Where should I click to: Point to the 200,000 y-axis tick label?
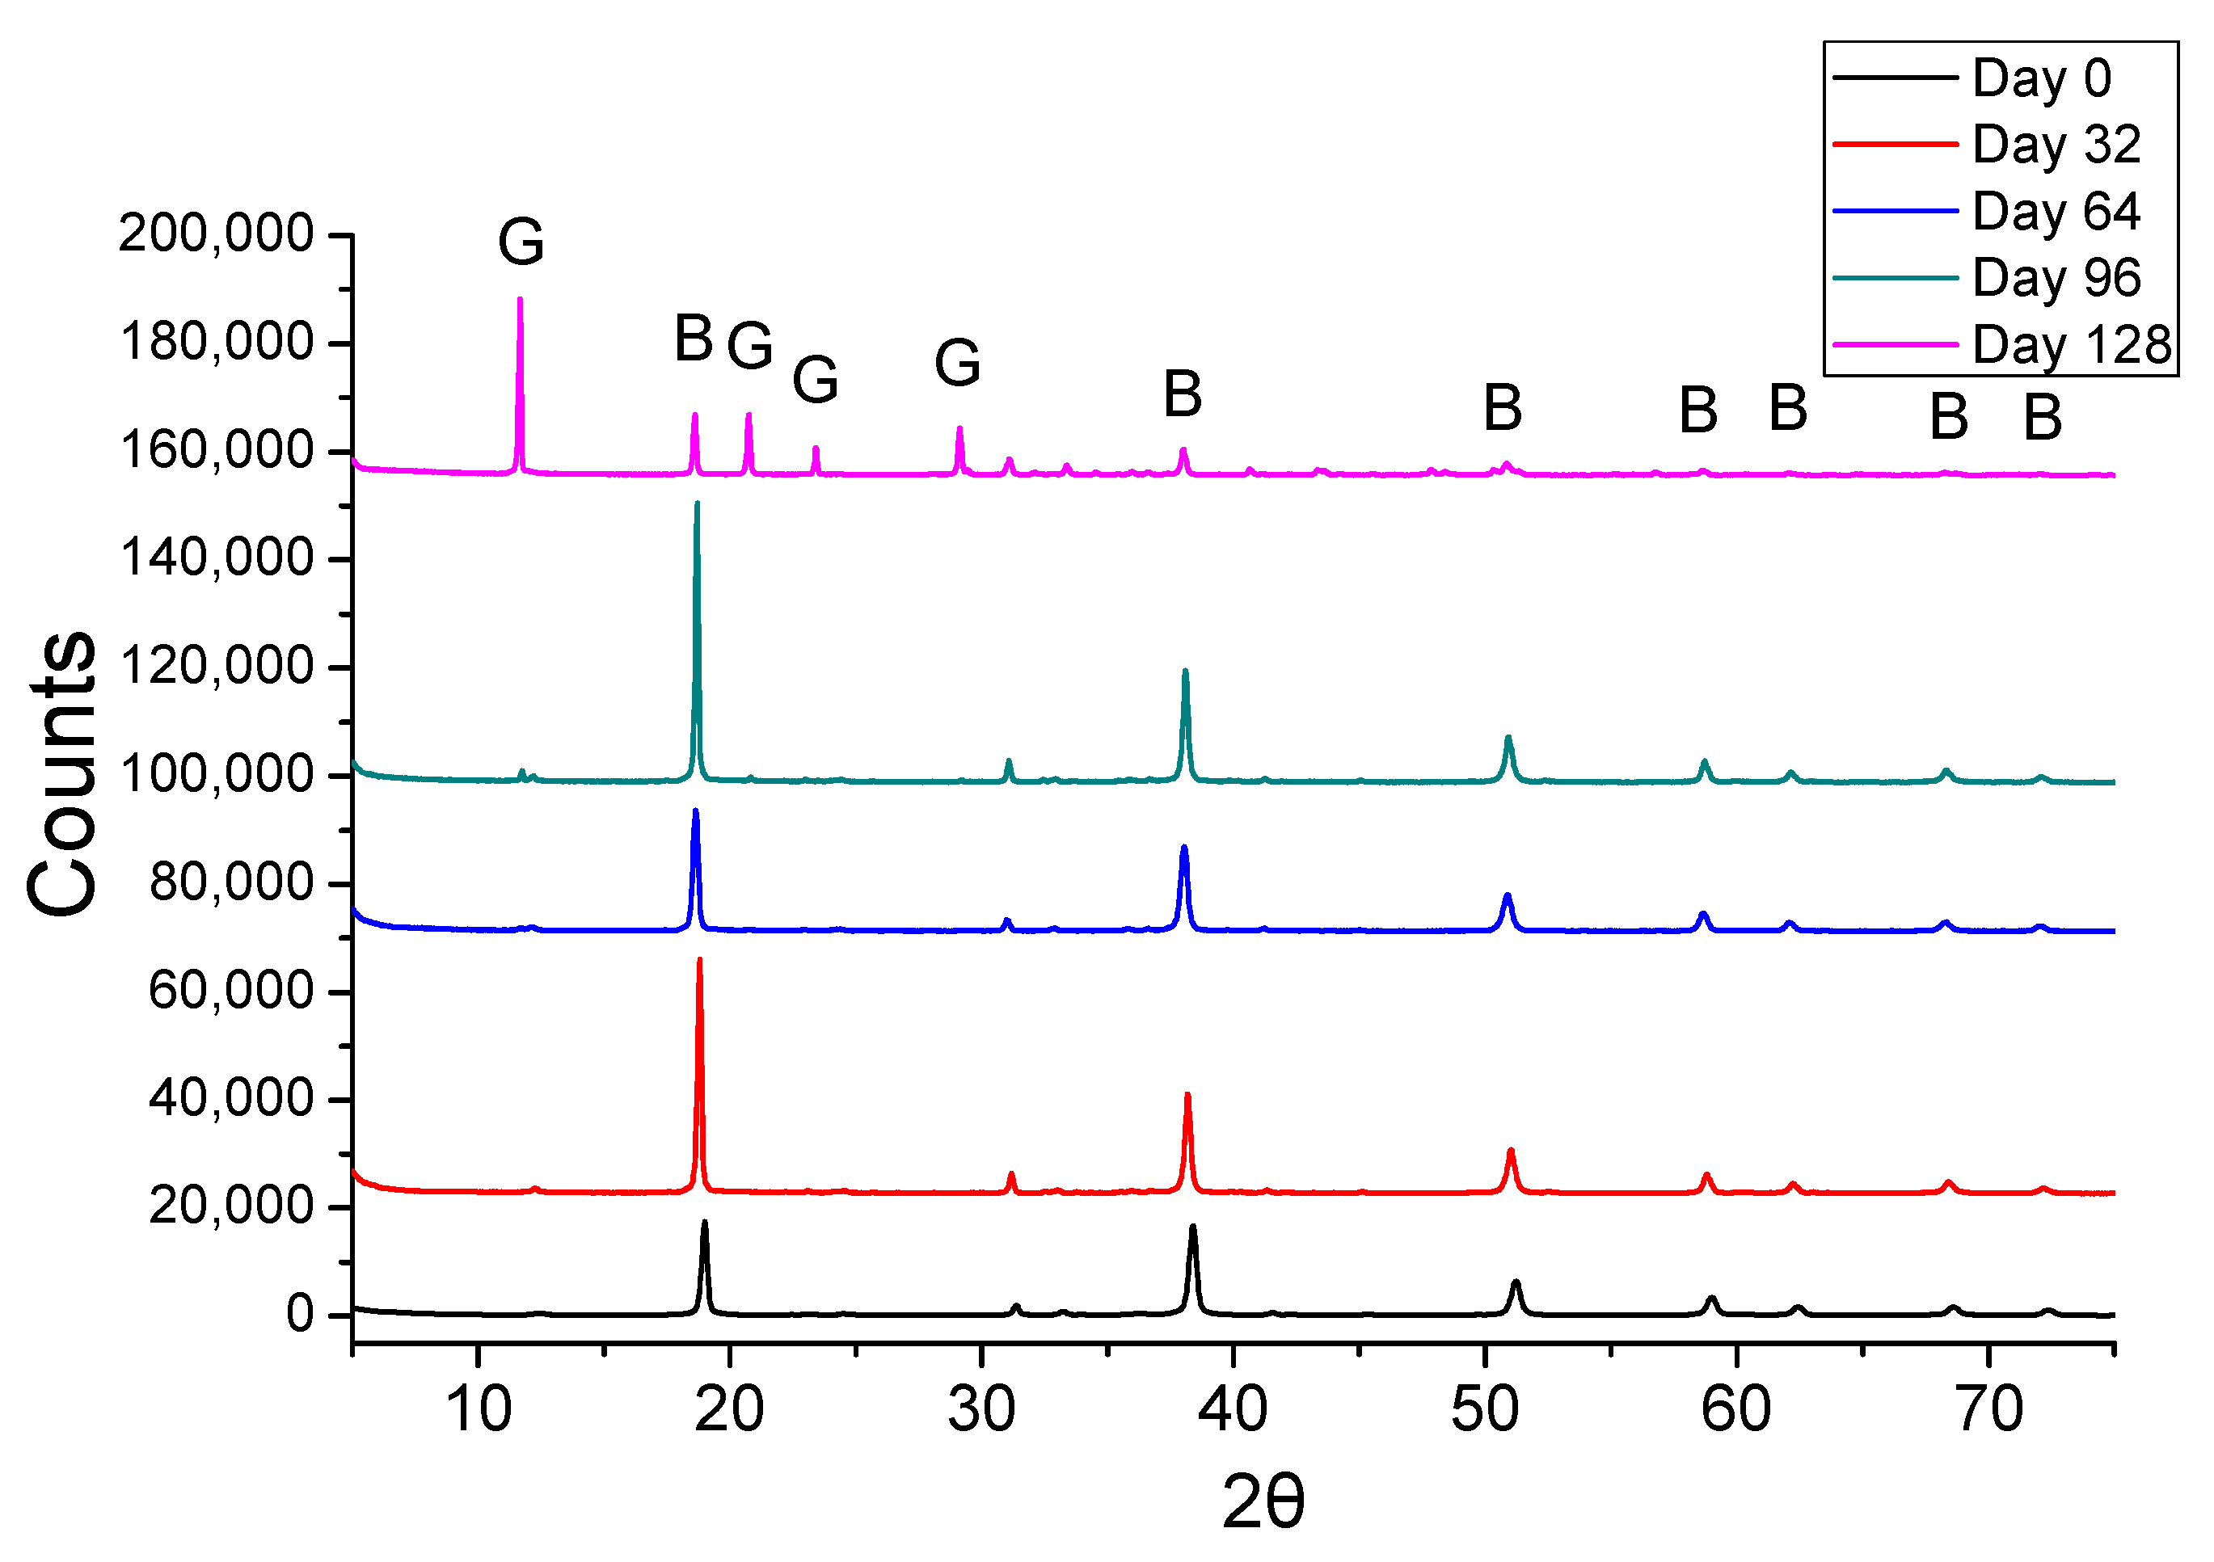[216, 234]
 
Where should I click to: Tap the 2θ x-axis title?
[1263, 1501]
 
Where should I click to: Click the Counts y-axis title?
[63, 773]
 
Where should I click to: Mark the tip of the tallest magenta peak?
[520, 299]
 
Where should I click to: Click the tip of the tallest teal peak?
[696, 503]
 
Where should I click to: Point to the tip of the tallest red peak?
[699, 959]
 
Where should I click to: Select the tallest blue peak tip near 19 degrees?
[695, 810]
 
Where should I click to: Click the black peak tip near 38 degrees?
[1193, 1227]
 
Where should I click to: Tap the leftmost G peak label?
[521, 241]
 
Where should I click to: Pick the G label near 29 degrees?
[958, 363]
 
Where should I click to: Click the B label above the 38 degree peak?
[1183, 394]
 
